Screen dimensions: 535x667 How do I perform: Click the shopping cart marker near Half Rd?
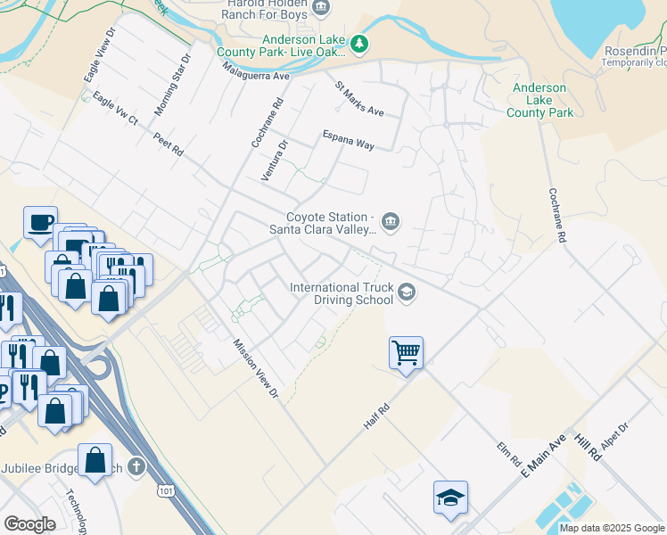pyautogui.click(x=406, y=352)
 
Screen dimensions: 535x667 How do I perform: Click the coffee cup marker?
pyautogui.click(x=40, y=222)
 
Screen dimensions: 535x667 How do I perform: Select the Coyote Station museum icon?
pyautogui.click(x=390, y=221)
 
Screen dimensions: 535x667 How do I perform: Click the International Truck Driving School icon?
pyautogui.click(x=407, y=292)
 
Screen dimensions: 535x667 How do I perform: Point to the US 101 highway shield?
pyautogui.click(x=165, y=490)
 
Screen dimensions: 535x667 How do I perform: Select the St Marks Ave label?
pyautogui.click(x=358, y=100)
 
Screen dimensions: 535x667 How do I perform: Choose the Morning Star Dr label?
pyautogui.click(x=173, y=85)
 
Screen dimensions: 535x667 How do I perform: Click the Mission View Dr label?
pyautogui.click(x=257, y=371)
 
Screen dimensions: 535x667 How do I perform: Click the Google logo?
pyautogui.click(x=30, y=524)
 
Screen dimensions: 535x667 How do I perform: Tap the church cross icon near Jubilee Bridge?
pyautogui.click(x=136, y=466)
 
